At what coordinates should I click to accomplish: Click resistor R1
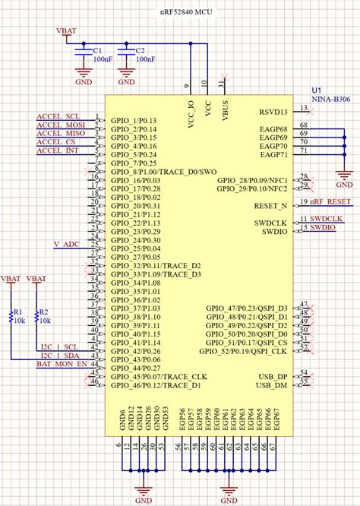coord(11,317)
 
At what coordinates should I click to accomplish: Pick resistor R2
coord(34,317)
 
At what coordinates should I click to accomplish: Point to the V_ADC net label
coord(67,244)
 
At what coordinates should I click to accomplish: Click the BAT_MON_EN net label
coord(61,364)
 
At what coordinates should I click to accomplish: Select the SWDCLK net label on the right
coord(327,219)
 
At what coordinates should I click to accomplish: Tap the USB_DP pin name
coord(273,376)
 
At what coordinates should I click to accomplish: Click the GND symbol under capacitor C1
coord(83,79)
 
